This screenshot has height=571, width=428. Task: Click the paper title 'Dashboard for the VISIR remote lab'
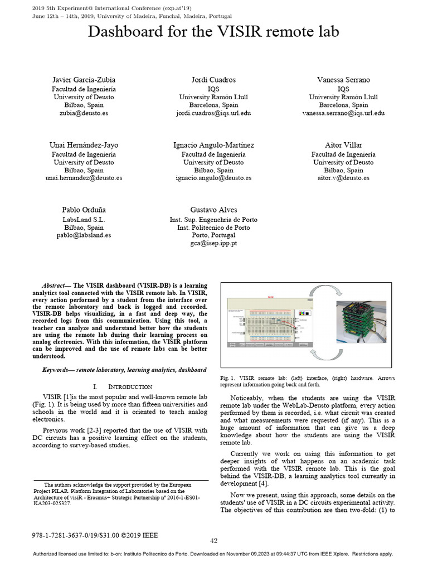tap(213, 32)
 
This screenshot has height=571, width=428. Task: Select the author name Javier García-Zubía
tap(84, 80)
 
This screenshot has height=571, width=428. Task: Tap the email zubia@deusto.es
tap(84, 113)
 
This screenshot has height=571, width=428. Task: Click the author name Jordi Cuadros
tap(213, 80)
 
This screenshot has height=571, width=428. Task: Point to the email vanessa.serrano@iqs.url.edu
tap(343, 113)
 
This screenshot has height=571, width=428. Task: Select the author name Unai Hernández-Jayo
tap(84, 145)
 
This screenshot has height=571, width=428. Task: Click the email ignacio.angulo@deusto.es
tap(213, 178)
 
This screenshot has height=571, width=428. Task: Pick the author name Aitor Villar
tap(343, 145)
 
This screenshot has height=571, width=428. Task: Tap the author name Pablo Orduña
tap(84, 210)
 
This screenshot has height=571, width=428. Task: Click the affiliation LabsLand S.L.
tap(84, 219)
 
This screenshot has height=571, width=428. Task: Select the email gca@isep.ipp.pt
tap(213, 244)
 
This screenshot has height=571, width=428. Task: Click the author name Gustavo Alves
tap(213, 210)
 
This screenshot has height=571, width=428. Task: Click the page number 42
tap(213, 540)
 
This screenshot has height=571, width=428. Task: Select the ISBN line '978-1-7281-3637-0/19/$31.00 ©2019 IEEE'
tap(95, 535)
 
